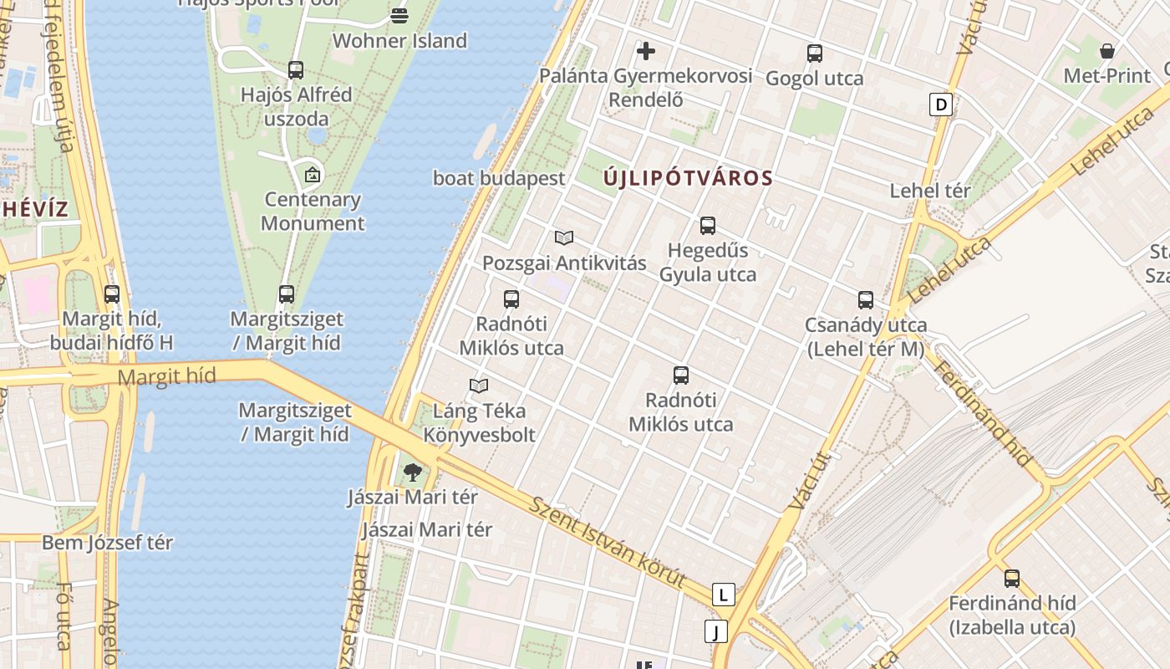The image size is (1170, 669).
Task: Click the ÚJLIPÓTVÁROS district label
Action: click(x=688, y=178)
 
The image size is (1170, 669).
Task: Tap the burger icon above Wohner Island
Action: click(x=399, y=15)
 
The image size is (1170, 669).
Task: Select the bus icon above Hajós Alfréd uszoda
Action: click(x=296, y=70)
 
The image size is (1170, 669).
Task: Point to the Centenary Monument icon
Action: click(x=312, y=175)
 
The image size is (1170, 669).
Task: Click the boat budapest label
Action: click(x=499, y=178)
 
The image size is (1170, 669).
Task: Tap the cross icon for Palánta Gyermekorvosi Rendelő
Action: click(x=645, y=51)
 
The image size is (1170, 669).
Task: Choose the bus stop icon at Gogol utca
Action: click(x=815, y=54)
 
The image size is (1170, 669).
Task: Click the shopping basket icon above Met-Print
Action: click(x=1107, y=51)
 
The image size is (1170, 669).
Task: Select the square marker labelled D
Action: click(x=941, y=105)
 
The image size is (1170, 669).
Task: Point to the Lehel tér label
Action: click(x=930, y=191)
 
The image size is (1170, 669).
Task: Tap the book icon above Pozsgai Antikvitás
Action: click(x=564, y=238)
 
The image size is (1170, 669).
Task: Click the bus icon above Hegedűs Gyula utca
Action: click(x=708, y=225)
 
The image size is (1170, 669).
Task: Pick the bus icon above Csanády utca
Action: click(x=866, y=300)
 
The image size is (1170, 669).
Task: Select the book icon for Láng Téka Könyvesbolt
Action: click(x=479, y=386)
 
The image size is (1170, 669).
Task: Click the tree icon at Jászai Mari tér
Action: click(x=412, y=472)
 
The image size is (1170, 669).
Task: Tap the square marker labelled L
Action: click(x=723, y=595)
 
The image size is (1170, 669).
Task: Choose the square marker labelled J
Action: click(x=715, y=631)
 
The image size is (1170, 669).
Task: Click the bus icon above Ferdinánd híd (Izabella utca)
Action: click(x=1012, y=578)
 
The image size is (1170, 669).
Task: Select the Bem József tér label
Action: click(x=108, y=543)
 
